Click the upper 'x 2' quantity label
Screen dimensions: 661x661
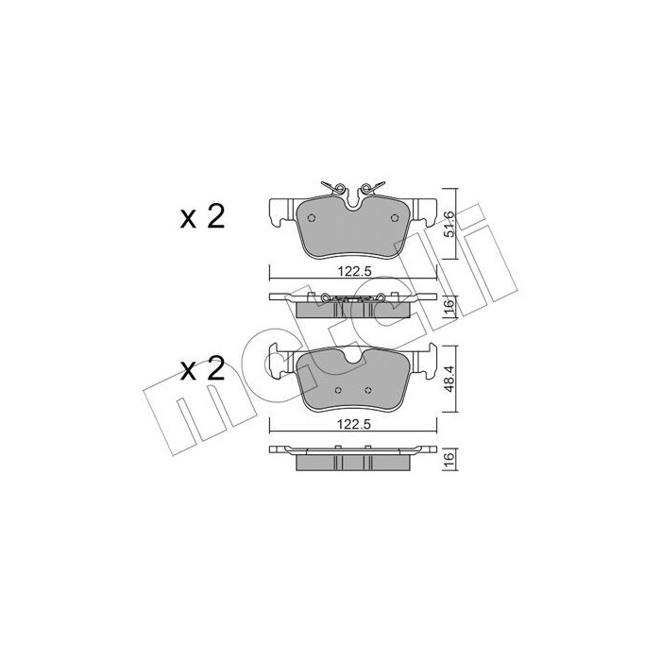coord(201,218)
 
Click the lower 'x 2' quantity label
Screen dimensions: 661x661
coord(201,368)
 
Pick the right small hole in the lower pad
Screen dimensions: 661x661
coord(367,389)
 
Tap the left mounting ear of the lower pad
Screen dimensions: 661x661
coord(280,362)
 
